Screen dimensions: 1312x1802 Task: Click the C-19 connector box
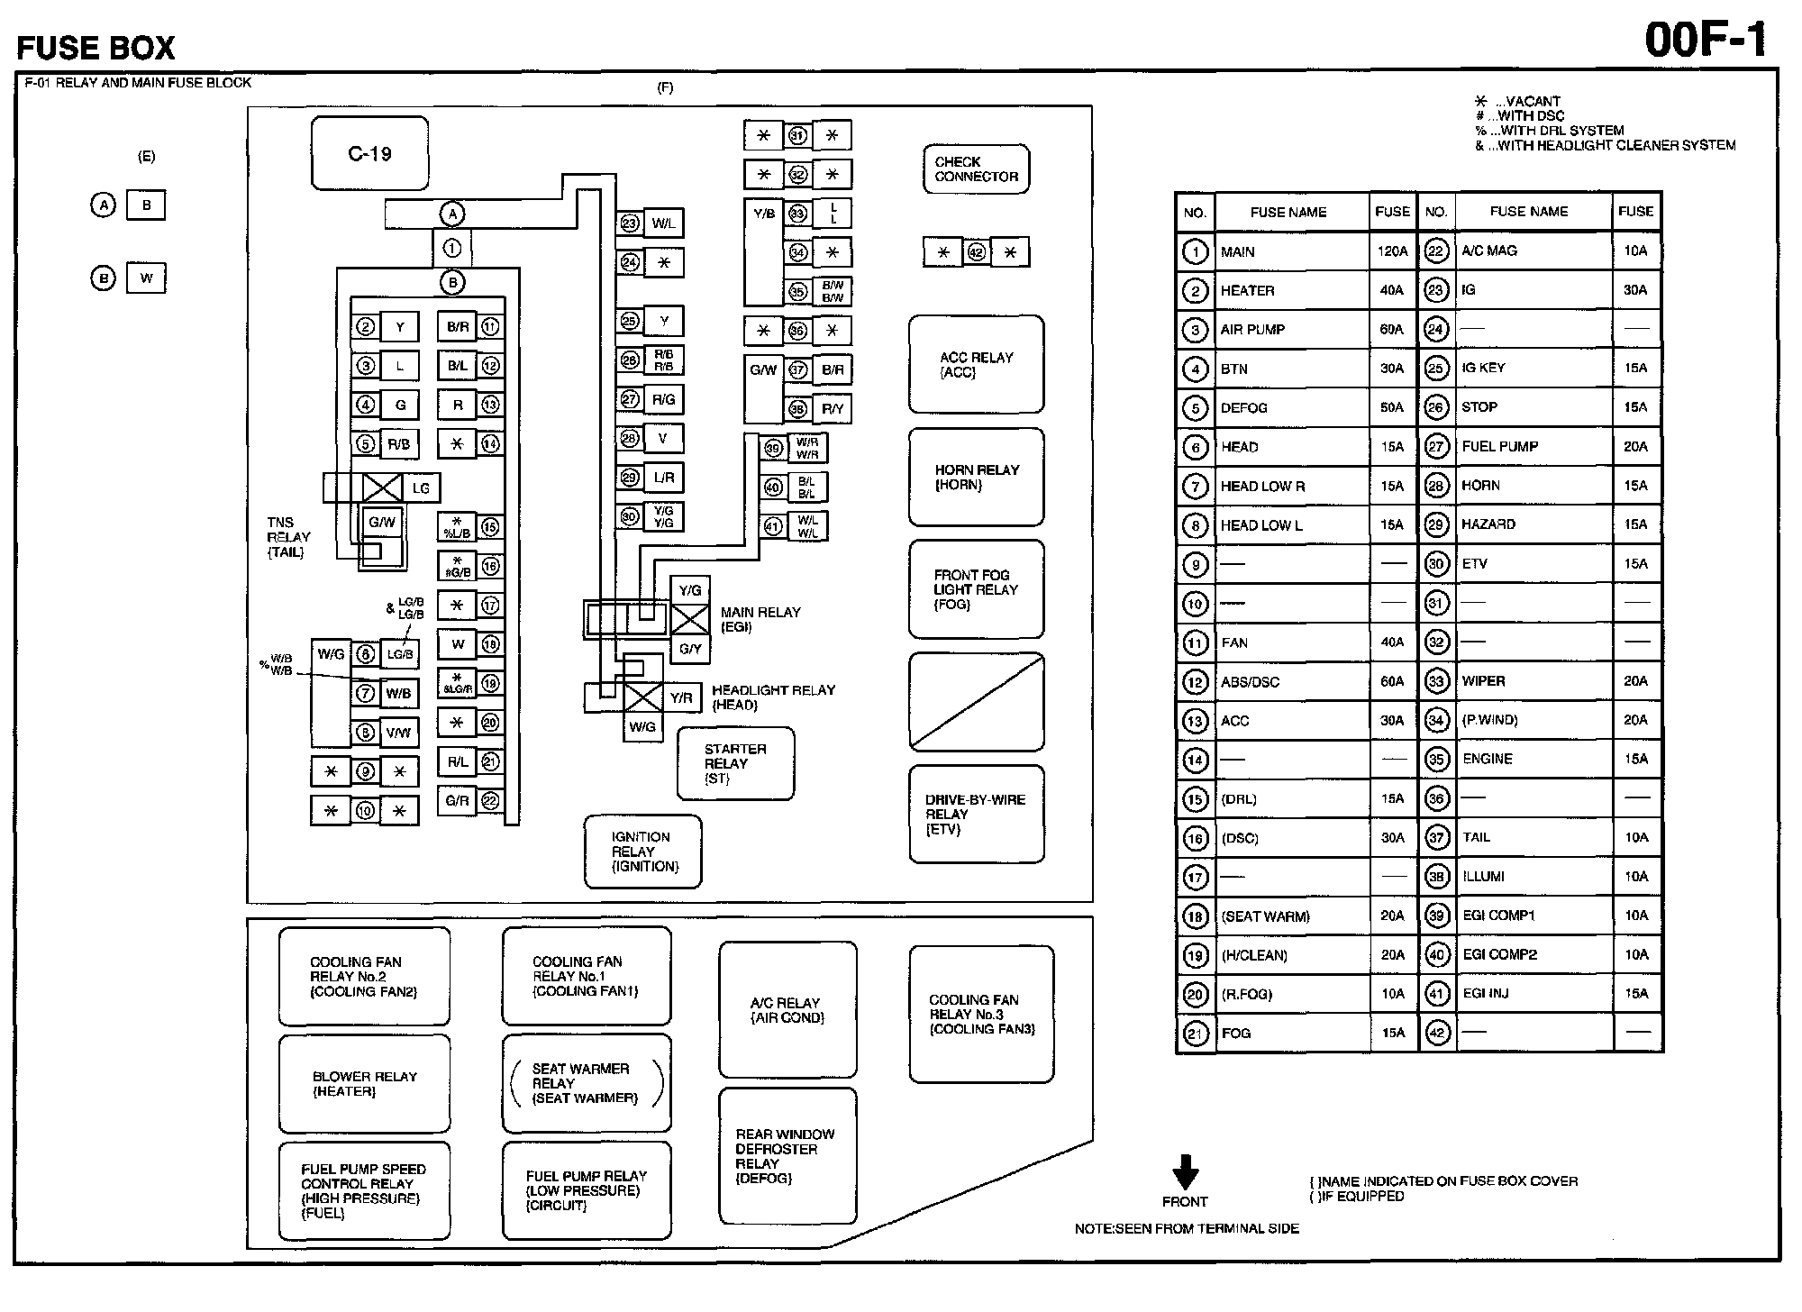coord(369,153)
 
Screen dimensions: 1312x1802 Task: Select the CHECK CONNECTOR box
coord(976,169)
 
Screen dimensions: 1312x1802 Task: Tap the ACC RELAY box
coord(976,364)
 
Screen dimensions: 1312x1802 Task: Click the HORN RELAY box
coord(976,477)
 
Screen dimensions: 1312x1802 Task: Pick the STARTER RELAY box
coord(735,763)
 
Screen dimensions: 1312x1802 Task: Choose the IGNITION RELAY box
coord(642,852)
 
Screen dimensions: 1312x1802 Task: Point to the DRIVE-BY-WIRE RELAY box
coord(976,814)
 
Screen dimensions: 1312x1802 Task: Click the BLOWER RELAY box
coord(364,1083)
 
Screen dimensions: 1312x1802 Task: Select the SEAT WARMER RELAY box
coord(586,1083)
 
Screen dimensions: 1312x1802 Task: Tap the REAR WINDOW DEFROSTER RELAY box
coord(787,1156)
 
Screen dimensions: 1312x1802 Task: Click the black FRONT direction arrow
coord(1185,1172)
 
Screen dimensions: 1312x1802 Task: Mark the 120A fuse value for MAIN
coord(1392,251)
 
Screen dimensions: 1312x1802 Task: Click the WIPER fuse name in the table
coord(1484,681)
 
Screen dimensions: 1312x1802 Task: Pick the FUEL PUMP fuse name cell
coord(1500,446)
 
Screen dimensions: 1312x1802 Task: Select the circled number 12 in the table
coord(1195,682)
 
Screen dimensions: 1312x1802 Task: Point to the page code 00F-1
coord(1706,41)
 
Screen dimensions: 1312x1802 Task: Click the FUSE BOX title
coord(96,47)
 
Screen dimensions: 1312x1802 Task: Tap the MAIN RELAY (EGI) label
coord(760,619)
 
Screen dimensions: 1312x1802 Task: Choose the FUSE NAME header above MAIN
coord(1288,213)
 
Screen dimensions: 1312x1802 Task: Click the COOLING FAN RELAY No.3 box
coord(981,1014)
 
